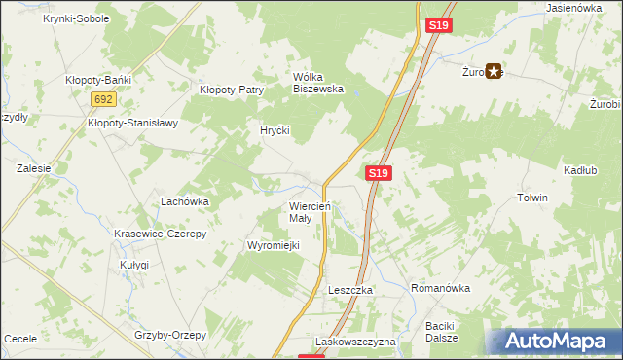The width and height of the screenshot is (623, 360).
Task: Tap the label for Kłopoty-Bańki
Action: pyautogui.click(x=97, y=80)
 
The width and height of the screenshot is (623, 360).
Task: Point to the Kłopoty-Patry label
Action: pyautogui.click(x=232, y=90)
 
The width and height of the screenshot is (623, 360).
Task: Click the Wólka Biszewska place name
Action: pyautogui.click(x=319, y=83)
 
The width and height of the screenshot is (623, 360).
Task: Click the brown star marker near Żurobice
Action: pyautogui.click(x=495, y=70)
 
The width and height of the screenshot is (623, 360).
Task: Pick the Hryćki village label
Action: pyautogui.click(x=275, y=130)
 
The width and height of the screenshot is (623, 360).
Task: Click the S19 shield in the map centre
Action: pyautogui.click(x=380, y=173)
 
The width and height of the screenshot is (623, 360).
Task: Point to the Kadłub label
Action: pyautogui.click(x=580, y=170)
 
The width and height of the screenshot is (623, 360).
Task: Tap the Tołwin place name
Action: pyautogui.click(x=532, y=198)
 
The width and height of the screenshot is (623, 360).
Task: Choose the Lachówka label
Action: pyautogui.click(x=185, y=201)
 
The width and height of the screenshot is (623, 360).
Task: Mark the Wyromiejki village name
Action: pyautogui.click(x=273, y=245)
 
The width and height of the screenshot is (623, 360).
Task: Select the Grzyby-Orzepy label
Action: pyautogui.click(x=171, y=335)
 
